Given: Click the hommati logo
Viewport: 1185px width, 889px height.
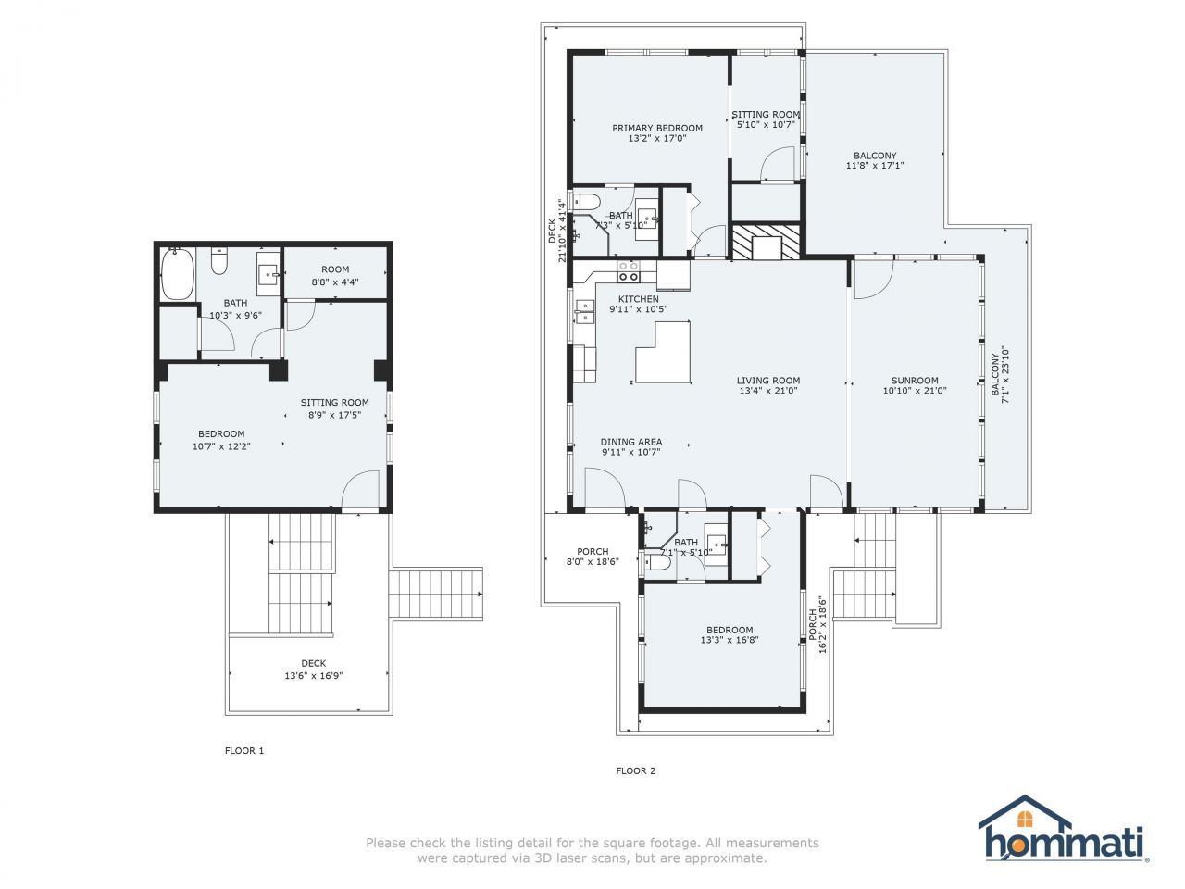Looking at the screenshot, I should click(x=1064, y=831).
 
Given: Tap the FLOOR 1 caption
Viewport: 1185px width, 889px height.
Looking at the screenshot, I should click(x=244, y=750).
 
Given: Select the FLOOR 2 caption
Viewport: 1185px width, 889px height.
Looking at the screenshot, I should click(x=636, y=770).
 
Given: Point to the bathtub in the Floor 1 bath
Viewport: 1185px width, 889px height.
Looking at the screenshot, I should click(x=176, y=273).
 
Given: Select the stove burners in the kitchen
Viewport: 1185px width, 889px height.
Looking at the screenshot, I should click(x=629, y=271).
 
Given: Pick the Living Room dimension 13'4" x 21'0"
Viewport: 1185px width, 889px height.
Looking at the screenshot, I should click(x=768, y=391).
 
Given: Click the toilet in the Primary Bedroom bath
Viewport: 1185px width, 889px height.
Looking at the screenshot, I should click(x=586, y=202).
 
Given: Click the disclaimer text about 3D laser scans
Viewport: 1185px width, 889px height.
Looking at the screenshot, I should click(x=592, y=850).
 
